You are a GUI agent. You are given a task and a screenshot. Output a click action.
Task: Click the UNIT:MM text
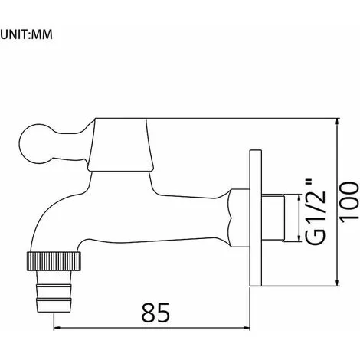(27, 34)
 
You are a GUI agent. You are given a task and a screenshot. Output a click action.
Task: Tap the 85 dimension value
(155, 313)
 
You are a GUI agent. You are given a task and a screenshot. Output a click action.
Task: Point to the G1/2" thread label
(316, 212)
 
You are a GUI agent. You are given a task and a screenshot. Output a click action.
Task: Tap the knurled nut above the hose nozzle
(54, 261)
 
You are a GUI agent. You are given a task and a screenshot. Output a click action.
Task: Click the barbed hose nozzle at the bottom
(54, 291)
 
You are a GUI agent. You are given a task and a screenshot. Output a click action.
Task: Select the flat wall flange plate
(256, 218)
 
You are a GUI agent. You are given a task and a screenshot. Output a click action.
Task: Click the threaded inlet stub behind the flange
(273, 218)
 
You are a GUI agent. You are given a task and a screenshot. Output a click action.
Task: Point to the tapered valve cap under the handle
(120, 145)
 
